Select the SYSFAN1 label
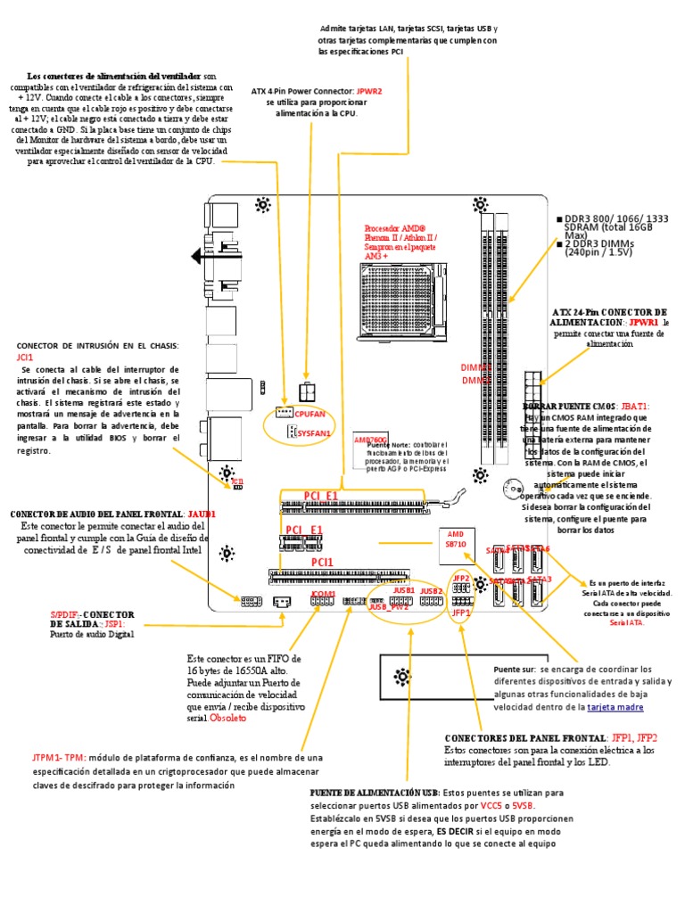[313, 432]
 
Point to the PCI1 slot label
[322, 562]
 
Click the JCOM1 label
[323, 594]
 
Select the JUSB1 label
[403, 591]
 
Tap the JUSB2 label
[432, 591]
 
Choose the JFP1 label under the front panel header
[460, 613]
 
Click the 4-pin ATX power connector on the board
[307, 391]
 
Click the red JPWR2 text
[369, 91]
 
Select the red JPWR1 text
[643, 321]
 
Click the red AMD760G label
[370, 440]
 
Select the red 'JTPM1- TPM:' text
[58, 757]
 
